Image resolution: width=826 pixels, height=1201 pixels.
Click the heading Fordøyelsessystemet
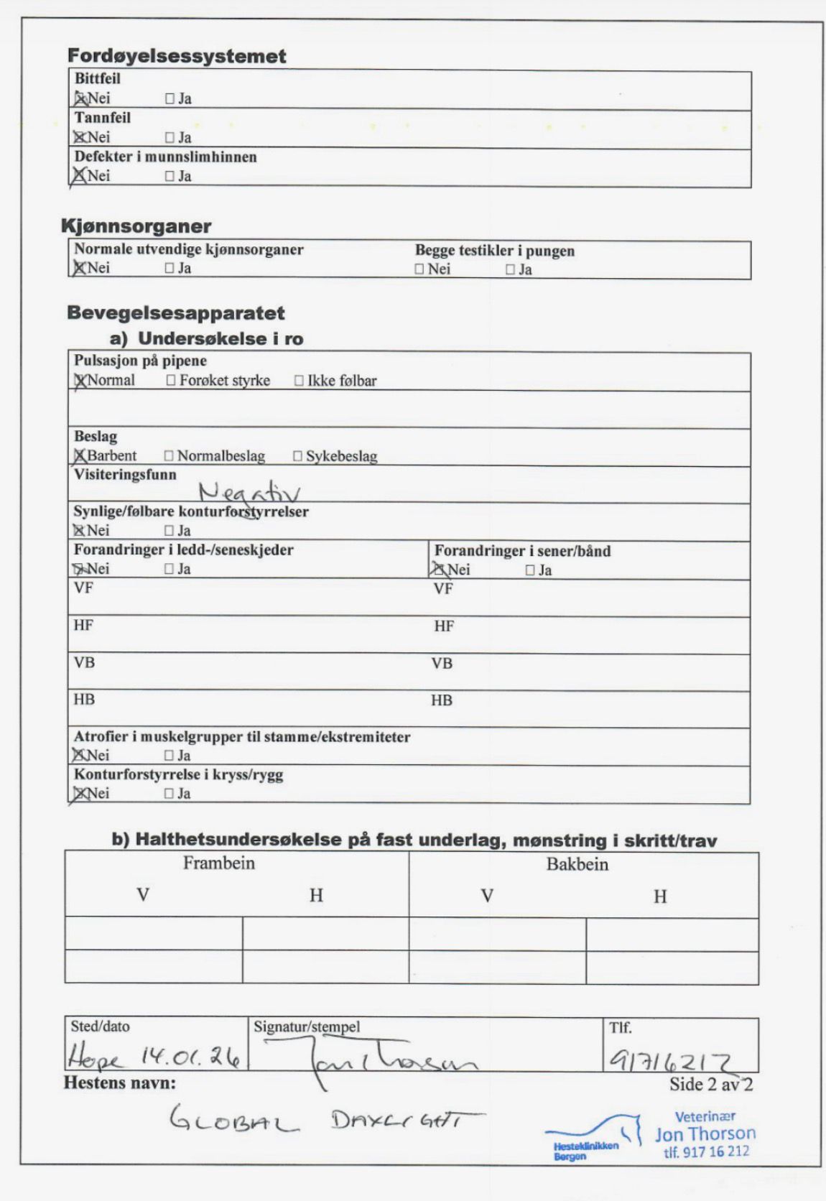177,56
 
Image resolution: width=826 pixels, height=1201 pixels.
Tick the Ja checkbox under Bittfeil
170,99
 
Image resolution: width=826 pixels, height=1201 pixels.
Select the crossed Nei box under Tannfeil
79,137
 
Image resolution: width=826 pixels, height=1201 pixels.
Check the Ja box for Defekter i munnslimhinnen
170,176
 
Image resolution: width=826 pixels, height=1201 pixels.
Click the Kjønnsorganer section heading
136,226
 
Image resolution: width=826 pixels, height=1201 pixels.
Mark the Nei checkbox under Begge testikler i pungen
419,269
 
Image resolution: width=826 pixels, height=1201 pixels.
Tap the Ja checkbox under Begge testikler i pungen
510,270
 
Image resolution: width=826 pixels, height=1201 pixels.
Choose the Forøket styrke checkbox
171,381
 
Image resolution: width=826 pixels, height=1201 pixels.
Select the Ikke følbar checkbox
299,381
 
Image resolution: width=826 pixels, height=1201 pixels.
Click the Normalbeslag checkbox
169,456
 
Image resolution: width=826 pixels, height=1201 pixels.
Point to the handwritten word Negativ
249,492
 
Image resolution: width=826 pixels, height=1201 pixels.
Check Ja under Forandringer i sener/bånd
530,570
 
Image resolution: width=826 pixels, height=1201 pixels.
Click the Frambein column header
219,863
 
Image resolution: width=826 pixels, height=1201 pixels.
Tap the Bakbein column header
577,864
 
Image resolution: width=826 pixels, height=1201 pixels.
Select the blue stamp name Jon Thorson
705,1133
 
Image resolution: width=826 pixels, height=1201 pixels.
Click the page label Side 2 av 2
710,1084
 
